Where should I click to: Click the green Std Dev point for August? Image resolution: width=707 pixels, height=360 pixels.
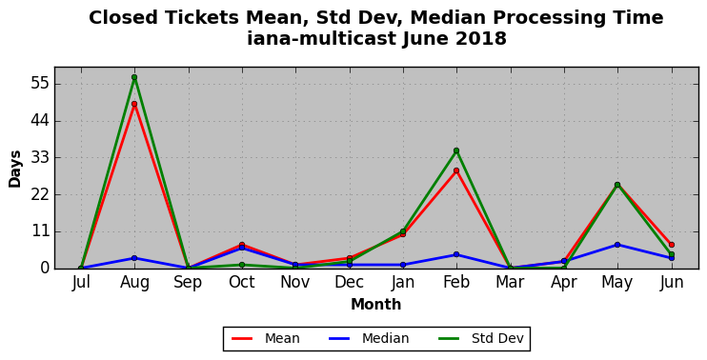(x=134, y=77)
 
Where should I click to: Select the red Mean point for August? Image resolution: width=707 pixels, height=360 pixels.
(x=134, y=104)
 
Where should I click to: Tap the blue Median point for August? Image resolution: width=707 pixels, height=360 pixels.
(x=134, y=258)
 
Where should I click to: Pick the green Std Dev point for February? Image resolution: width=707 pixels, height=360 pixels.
(x=456, y=150)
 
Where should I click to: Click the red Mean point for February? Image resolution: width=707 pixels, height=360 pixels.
(x=456, y=170)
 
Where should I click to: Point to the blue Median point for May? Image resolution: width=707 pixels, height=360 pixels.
(x=617, y=245)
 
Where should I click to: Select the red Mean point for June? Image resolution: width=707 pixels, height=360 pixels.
(x=672, y=245)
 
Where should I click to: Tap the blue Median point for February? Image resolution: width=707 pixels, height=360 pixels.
(x=456, y=254)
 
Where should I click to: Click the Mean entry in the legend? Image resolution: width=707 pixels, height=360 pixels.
(x=266, y=338)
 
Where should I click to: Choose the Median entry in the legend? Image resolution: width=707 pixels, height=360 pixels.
(x=369, y=338)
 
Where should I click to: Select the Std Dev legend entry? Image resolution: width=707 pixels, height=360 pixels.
(x=481, y=338)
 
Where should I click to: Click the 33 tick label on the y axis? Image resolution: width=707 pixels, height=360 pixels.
(x=39, y=158)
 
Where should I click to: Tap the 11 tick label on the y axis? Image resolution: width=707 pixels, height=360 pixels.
(x=39, y=232)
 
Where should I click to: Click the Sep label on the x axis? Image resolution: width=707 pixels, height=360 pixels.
(x=188, y=283)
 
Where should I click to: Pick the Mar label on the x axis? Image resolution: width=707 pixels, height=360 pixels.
(x=510, y=283)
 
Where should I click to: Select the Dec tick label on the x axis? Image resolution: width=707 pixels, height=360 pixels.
(x=349, y=283)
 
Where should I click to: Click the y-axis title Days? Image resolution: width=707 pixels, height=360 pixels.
(x=15, y=169)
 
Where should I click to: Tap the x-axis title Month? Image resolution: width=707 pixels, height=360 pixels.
(x=376, y=305)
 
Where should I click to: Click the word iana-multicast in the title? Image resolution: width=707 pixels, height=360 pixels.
(x=321, y=39)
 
